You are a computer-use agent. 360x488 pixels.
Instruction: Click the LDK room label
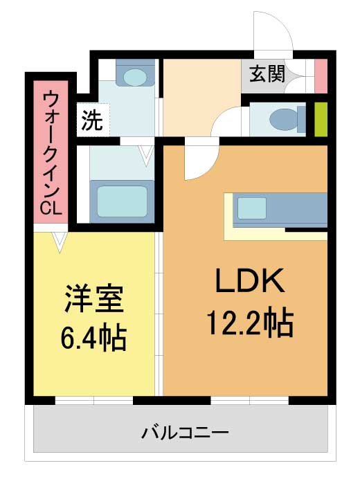[x=249, y=282]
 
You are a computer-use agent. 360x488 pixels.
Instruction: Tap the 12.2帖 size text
[x=249, y=322]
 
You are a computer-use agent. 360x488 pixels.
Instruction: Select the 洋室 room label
[x=94, y=299]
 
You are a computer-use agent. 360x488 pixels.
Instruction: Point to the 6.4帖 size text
[x=94, y=338]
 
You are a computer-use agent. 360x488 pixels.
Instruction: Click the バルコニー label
[x=185, y=434]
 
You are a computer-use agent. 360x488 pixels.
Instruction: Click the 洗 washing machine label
[x=91, y=121]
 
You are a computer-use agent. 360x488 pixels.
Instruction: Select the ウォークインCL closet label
[x=51, y=152]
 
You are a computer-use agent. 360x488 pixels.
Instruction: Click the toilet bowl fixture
[x=284, y=119]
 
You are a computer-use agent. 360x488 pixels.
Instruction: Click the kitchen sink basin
[x=252, y=208]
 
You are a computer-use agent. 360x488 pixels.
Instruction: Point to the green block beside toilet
[x=321, y=119]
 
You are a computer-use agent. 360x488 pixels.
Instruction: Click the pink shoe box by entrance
[x=321, y=76]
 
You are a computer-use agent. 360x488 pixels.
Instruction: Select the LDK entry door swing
[x=197, y=163]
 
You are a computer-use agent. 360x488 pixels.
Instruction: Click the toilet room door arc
[x=225, y=125]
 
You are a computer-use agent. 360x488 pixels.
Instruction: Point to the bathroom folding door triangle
[x=145, y=154]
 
